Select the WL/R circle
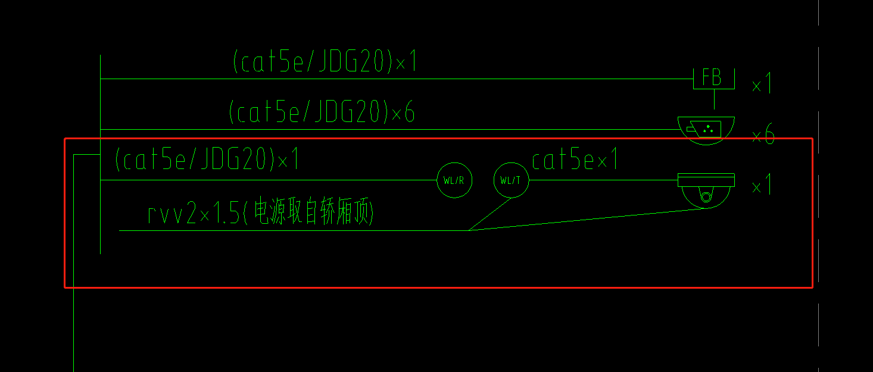pyautogui.click(x=454, y=180)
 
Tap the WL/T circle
pyautogui.click(x=511, y=180)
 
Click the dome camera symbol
pyautogui.click(x=706, y=190)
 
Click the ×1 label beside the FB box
pyautogui.click(x=762, y=85)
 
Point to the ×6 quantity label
pyautogui.click(x=763, y=136)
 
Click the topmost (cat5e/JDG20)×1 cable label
pyautogui.click(x=325, y=62)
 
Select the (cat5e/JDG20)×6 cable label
pyautogui.click(x=322, y=112)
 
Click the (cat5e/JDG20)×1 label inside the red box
pyautogui.click(x=207, y=160)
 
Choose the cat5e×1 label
pyautogui.click(x=575, y=160)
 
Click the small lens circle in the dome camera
pyautogui.click(x=706, y=197)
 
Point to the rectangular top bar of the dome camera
pyautogui.click(x=706, y=177)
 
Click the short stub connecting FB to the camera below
pyautogui.click(x=714, y=99)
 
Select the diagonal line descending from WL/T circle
pyautogui.click(x=489, y=214)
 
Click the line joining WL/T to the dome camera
pyautogui.click(x=603, y=180)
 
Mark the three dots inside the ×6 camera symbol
pyautogui.click(x=708, y=128)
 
